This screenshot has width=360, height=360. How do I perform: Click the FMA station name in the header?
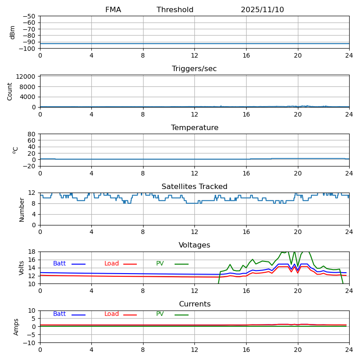[113, 10]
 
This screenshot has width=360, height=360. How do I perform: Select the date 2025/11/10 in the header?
[262, 10]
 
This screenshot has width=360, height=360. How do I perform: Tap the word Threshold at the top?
[175, 10]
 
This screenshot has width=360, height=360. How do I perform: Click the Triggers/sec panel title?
[194, 69]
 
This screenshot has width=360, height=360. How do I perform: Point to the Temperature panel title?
[194, 128]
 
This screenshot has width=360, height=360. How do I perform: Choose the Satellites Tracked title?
[194, 187]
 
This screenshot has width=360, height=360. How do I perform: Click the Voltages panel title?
[194, 245]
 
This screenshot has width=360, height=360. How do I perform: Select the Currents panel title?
[194, 304]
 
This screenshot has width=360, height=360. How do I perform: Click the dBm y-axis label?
[13, 32]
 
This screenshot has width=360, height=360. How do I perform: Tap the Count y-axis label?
[10, 91]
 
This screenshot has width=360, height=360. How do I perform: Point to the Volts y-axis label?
[22, 268]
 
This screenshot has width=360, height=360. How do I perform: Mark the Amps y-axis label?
[16, 327]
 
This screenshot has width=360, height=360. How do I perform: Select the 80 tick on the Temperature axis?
[32, 134]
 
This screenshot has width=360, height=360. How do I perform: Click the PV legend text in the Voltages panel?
[160, 264]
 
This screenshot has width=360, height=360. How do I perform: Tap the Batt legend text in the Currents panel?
[59, 314]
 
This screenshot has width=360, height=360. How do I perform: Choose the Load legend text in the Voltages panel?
[112, 264]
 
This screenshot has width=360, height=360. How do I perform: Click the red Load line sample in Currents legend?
[130, 315]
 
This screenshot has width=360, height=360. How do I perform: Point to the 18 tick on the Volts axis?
[32, 252]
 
